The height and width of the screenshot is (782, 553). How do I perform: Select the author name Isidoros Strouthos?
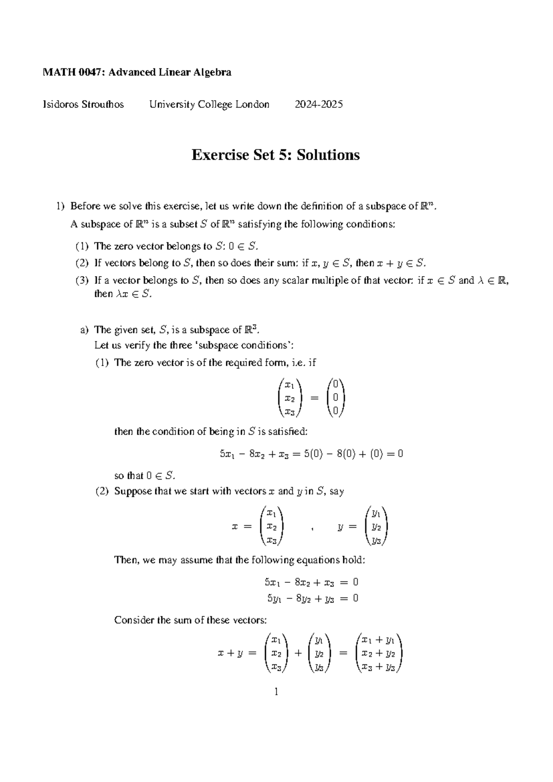(x=83, y=104)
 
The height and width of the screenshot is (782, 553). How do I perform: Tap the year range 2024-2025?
(x=318, y=104)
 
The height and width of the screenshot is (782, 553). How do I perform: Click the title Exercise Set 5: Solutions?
(x=276, y=155)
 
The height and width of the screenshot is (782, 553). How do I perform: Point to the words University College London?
(x=209, y=104)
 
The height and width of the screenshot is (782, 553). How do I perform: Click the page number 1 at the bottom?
(x=276, y=691)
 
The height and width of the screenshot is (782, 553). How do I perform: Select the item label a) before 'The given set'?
(x=83, y=330)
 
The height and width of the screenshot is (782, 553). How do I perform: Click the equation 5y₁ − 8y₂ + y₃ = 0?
(x=312, y=598)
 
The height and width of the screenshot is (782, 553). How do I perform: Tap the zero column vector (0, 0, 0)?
(x=335, y=397)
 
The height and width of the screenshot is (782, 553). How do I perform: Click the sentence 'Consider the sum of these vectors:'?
(x=190, y=620)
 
